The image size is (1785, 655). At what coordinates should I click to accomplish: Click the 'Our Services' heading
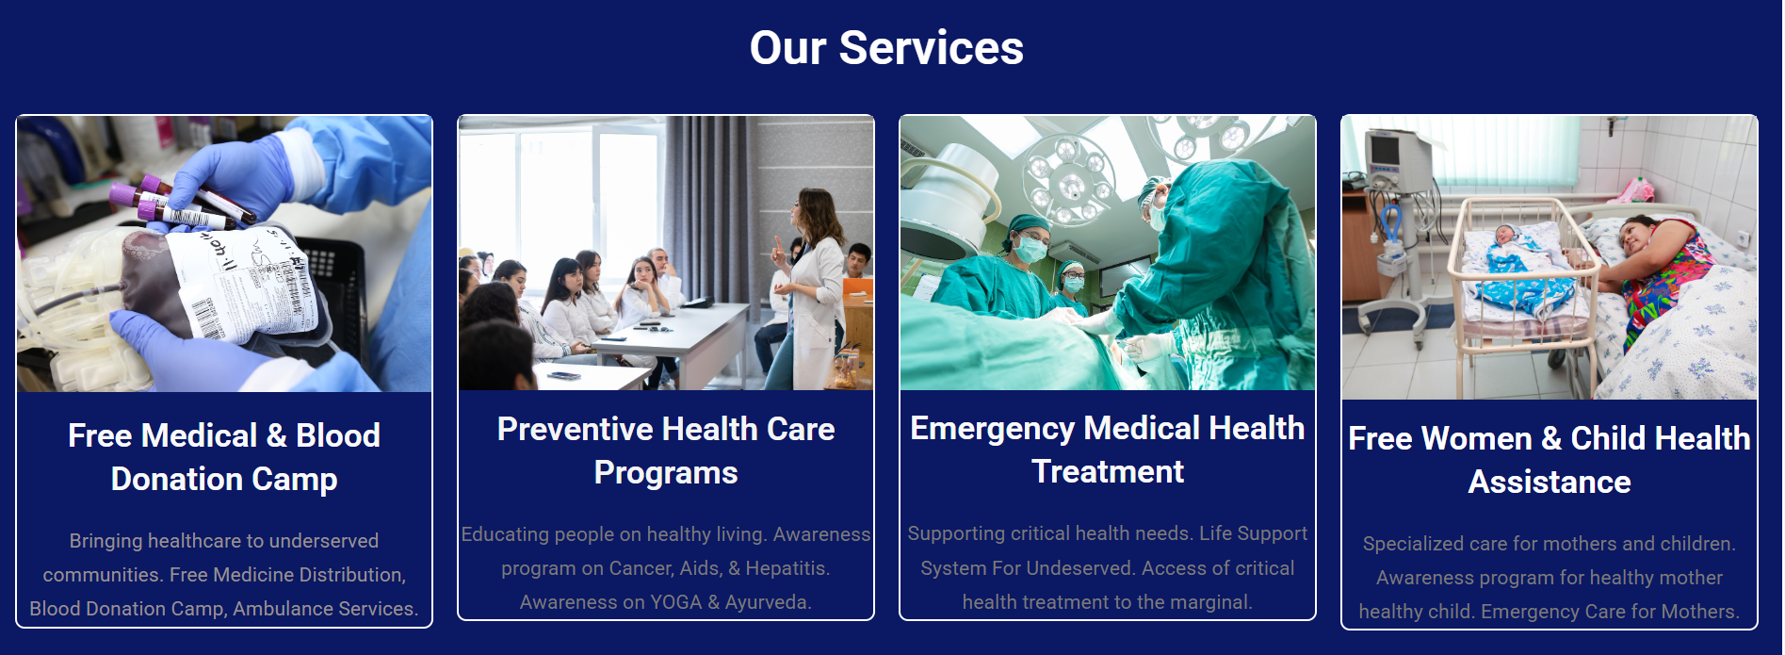point(886,48)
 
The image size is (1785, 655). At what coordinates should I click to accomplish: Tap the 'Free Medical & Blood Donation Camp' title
point(224,457)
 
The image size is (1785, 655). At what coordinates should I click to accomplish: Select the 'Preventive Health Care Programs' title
point(666,450)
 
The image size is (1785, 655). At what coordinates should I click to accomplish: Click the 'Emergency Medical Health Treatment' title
point(1108,450)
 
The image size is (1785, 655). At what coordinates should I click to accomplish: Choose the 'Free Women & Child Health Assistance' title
point(1550,460)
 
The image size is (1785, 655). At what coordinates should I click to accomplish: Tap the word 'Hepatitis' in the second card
point(786,568)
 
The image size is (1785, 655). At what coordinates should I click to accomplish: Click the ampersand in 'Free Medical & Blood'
point(276,435)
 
